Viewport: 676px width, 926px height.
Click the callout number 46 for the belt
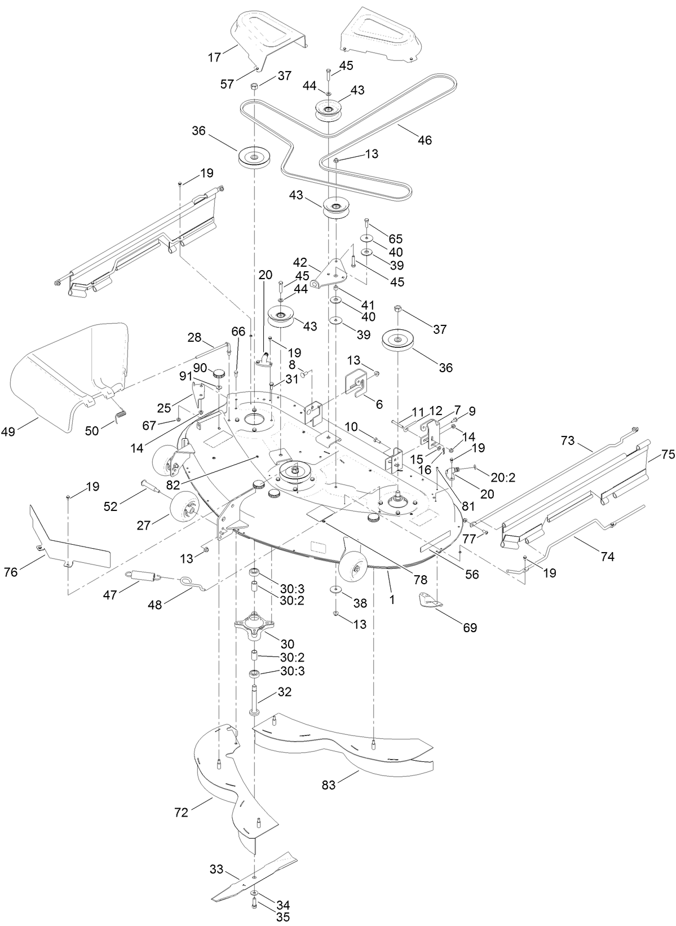(425, 140)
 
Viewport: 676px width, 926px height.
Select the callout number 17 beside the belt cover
(214, 57)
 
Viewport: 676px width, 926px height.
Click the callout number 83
(329, 785)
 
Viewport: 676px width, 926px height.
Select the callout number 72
(182, 813)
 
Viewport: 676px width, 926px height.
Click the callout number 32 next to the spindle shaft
(285, 692)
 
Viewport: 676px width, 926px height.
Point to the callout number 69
(470, 627)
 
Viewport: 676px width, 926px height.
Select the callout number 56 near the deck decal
(471, 574)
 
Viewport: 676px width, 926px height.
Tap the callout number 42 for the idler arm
(299, 263)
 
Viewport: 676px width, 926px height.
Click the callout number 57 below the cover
(228, 84)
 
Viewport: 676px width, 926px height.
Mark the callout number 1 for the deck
(392, 601)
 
